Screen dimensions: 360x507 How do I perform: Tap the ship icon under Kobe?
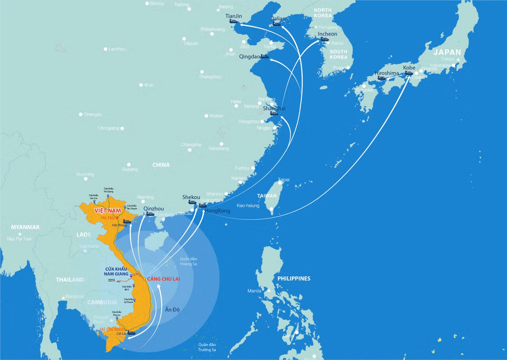point(409,73)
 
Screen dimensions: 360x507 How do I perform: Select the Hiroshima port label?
point(387,73)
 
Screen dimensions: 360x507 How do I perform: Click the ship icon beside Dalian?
point(276,24)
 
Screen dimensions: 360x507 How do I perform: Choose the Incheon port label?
point(327,34)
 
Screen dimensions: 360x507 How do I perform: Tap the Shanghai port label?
point(274,108)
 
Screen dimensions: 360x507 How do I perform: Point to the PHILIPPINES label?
point(294,278)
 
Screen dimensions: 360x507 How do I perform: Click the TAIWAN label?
point(267,196)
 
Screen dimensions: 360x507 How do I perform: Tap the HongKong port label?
point(217,210)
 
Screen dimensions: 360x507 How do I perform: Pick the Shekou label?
point(191,197)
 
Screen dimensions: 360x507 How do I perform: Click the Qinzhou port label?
point(153,209)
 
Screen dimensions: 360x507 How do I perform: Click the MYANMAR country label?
point(25,227)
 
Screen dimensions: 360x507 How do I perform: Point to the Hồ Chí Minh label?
point(113,330)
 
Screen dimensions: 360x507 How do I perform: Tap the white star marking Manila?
point(269,290)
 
